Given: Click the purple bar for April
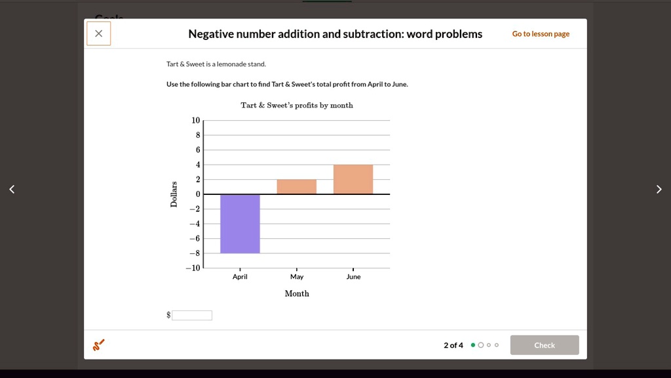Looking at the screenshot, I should (240, 224).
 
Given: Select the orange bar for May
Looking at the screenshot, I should (296, 187).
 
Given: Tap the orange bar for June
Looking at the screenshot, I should (353, 180).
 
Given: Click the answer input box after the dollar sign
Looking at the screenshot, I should (192, 315).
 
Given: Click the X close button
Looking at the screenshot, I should (98, 33).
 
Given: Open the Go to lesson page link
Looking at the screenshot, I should (541, 34).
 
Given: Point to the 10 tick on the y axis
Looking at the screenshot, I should (196, 120).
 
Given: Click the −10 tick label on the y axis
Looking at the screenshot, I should (193, 268).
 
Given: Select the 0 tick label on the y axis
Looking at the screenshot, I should (198, 194).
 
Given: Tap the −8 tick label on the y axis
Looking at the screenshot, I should (195, 253).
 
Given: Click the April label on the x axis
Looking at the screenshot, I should (240, 277).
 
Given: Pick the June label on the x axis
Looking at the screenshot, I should (353, 277).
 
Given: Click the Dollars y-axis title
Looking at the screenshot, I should (174, 194).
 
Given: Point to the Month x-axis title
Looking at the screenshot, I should (297, 293).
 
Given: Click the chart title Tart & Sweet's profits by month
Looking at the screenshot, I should (297, 105).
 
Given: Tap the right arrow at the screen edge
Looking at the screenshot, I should (659, 190).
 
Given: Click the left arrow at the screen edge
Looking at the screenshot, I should (11, 190).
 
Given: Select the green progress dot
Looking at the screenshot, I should (473, 345).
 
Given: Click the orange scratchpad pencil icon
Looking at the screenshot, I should (98, 345).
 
